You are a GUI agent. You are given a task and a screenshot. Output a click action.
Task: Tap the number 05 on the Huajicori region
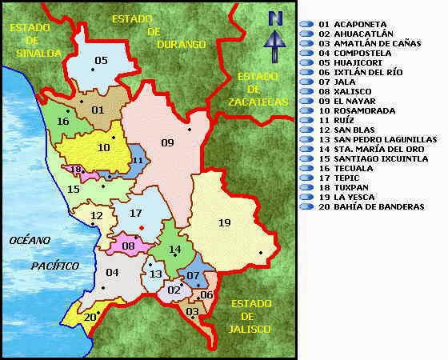[101, 61]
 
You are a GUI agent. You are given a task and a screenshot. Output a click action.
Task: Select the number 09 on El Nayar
[167, 143]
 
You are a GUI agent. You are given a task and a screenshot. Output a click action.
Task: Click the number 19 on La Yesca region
[225, 223]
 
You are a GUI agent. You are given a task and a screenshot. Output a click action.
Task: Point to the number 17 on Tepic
[135, 214]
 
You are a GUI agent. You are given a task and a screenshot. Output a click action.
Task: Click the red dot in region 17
[142, 228]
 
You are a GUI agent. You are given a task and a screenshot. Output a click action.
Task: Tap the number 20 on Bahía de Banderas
[90, 317]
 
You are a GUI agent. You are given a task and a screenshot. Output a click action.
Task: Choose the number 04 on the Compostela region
[112, 273]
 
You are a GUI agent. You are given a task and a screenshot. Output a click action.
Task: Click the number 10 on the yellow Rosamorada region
[104, 147]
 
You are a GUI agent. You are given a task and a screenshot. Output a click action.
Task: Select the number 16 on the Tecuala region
[62, 122]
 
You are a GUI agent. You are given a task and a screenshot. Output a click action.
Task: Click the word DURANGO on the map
[182, 44]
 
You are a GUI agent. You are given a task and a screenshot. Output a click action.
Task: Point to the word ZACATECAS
[257, 102]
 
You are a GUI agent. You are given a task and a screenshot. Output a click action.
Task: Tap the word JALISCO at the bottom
[246, 329]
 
